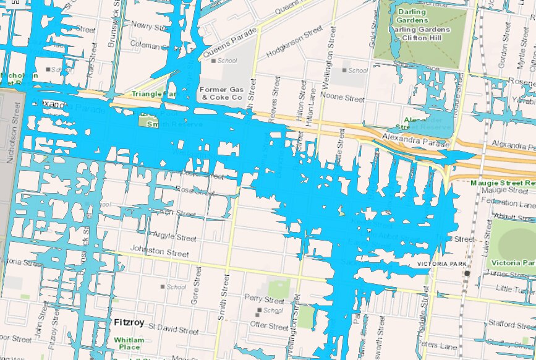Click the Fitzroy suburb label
pyautogui.click(x=130, y=322)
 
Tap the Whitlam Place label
pyautogui.click(x=129, y=343)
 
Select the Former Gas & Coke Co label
pyautogui.click(x=221, y=93)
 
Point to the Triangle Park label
pyautogui.click(x=153, y=94)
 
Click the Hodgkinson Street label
pyautogui.click(x=294, y=43)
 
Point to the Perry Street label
pyautogui.click(x=264, y=301)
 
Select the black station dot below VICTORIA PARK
pyautogui.click(x=467, y=273)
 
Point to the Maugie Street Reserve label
pyautogui.click(x=502, y=183)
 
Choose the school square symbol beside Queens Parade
pyautogui.click(x=214, y=61)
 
